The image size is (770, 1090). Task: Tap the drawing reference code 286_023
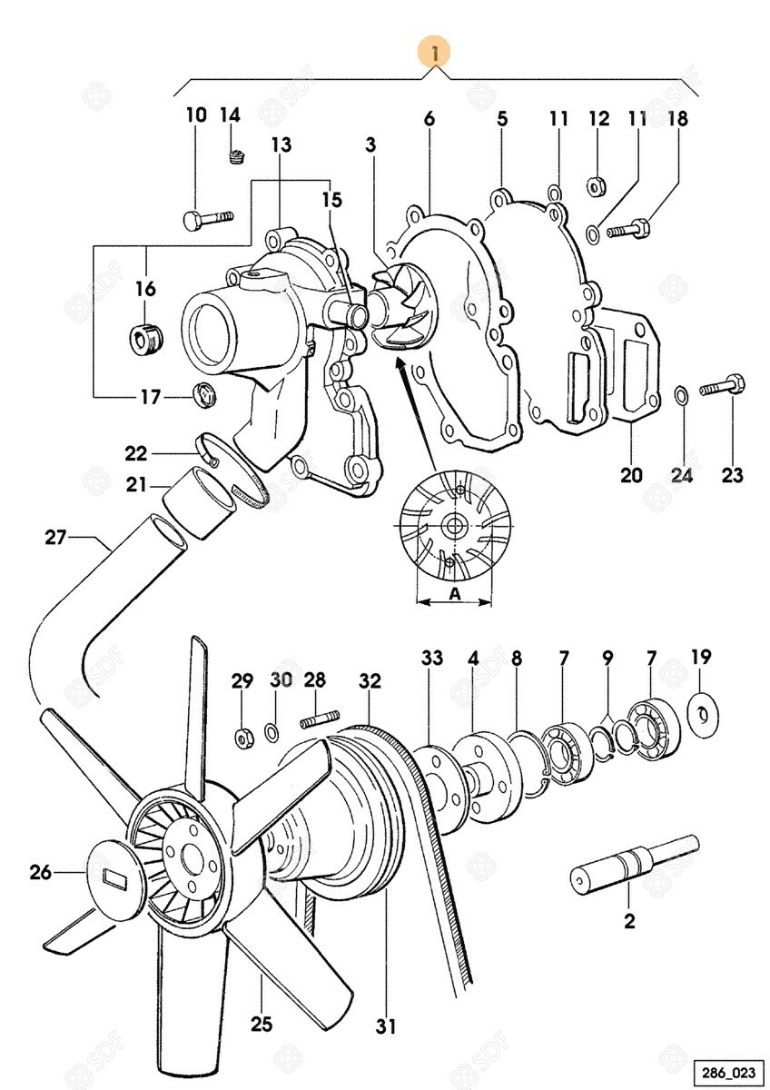point(725,1069)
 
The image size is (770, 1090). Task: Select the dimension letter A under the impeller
point(454,592)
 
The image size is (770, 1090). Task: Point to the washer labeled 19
point(702,710)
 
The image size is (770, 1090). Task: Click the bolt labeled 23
point(724,387)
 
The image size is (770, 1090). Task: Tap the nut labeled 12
point(597,186)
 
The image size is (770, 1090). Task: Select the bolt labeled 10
point(208,219)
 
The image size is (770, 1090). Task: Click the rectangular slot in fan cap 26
point(115,878)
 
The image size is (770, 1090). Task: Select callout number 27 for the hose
point(56,537)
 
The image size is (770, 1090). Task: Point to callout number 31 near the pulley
point(387,1027)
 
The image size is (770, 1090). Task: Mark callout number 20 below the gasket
point(631,474)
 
